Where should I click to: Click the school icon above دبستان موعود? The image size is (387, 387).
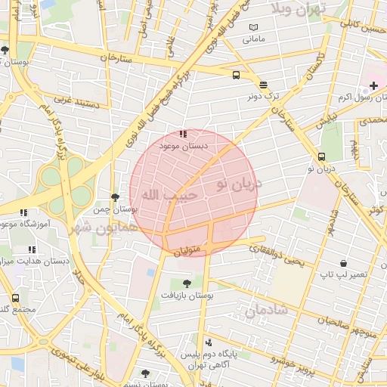click(182, 134)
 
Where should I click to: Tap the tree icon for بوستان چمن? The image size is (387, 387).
click(114, 197)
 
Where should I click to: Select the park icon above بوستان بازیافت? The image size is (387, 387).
click(187, 283)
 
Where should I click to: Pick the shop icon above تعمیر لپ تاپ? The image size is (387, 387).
click(344, 264)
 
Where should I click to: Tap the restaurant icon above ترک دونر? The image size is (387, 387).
click(262, 85)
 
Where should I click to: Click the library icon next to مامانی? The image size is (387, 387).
click(252, 27)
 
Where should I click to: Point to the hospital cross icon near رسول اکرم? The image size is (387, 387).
click(373, 85)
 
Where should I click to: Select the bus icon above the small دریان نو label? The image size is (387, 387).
click(322, 157)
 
